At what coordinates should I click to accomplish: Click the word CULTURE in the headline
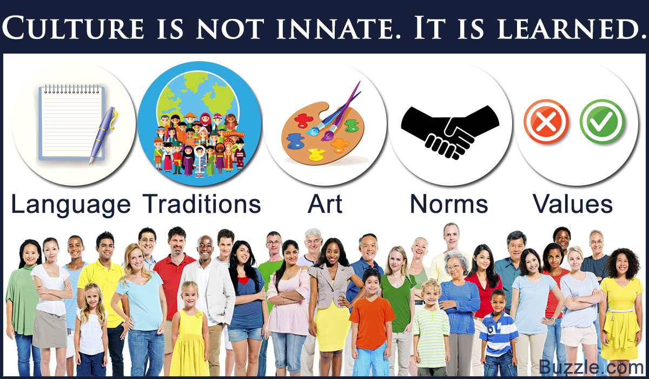point(74,28)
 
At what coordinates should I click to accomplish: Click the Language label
point(71,205)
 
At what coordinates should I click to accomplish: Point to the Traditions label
point(202,204)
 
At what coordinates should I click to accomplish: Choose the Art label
point(325,204)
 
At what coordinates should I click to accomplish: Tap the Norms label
point(449,204)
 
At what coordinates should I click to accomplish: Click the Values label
point(573,204)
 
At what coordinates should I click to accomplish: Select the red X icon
point(546,121)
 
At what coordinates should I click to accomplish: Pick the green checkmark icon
point(602,121)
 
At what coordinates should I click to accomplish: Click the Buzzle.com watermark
point(591,367)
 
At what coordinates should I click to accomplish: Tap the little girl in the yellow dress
point(189,329)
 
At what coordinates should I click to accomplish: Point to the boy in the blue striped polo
point(498,333)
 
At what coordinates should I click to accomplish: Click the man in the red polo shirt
point(173,290)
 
